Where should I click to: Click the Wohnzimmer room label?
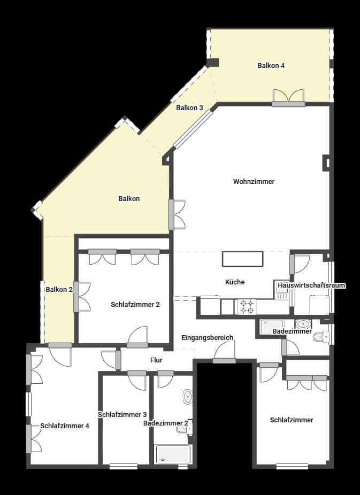[254, 182]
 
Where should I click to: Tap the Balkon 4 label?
[271, 66]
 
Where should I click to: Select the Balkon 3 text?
[189, 108]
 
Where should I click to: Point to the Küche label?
[235, 282]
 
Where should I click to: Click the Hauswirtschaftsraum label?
[311, 285]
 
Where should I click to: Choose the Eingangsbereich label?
[207, 338]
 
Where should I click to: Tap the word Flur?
[156, 360]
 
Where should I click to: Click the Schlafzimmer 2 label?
[135, 305]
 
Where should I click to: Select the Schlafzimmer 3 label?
[122, 414]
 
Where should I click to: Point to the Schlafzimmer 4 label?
[65, 426]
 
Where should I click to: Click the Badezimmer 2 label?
[165, 423]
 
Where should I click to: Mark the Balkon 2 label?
[59, 290]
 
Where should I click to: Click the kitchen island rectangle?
[243, 259]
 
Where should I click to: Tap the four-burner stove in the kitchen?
[246, 307]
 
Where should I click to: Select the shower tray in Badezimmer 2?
[173, 454]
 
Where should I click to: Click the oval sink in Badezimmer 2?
[187, 397]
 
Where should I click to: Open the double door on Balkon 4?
[288, 97]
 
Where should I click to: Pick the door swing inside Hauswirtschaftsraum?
[301, 264]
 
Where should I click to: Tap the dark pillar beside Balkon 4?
[212, 63]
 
